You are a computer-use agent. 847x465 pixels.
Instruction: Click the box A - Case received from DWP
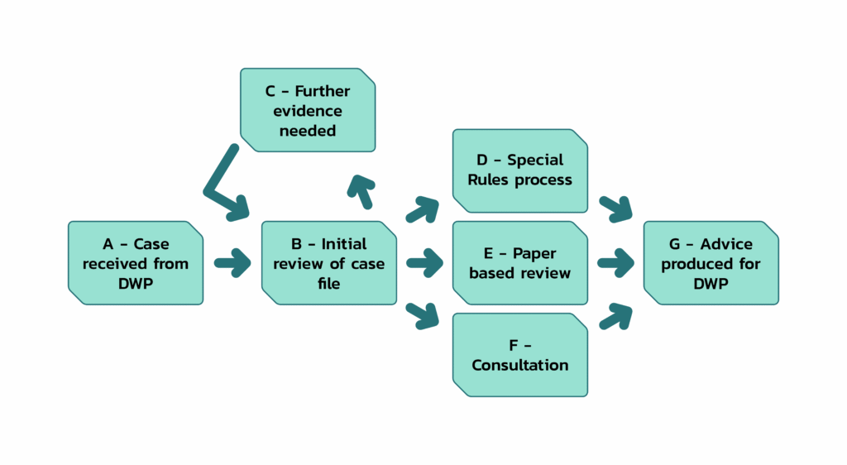click(x=135, y=263)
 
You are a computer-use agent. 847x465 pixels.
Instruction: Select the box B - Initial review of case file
click(x=328, y=263)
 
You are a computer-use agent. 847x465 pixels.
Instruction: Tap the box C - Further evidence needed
click(x=307, y=110)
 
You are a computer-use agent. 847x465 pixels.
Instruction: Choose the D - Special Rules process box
click(x=520, y=170)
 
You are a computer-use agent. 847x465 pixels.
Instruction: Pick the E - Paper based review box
click(x=520, y=263)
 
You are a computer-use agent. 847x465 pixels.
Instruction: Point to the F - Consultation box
click(x=520, y=355)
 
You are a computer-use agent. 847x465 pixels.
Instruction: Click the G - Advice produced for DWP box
click(x=711, y=263)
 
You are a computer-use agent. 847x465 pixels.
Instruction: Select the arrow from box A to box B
click(x=232, y=265)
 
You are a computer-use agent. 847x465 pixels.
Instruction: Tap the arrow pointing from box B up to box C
click(x=361, y=191)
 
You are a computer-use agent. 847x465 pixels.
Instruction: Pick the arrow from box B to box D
click(x=424, y=209)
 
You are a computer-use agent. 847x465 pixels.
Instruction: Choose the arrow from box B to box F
click(x=423, y=314)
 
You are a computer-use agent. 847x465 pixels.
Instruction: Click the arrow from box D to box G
click(x=615, y=209)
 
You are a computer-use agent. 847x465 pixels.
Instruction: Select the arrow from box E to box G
click(x=616, y=265)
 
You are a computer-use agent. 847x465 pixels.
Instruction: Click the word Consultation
click(x=520, y=365)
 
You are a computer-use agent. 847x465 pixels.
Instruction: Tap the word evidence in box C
click(x=308, y=111)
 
